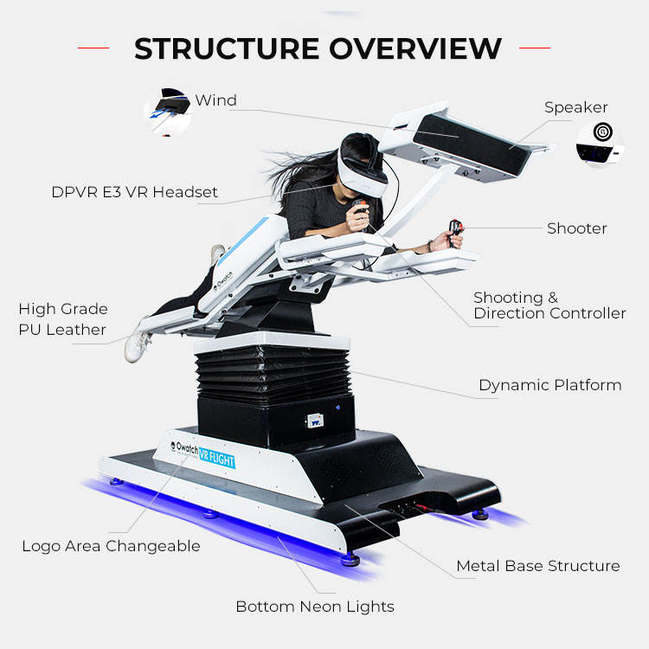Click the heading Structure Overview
pyautogui.click(x=318, y=48)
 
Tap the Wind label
pyautogui.click(x=215, y=100)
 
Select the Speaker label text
pyautogui.click(x=575, y=108)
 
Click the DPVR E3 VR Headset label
pyautogui.click(x=134, y=192)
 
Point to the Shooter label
pyautogui.click(x=576, y=228)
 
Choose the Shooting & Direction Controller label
pyautogui.click(x=549, y=305)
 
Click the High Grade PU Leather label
pyautogui.click(x=63, y=319)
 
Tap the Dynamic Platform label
pyautogui.click(x=549, y=385)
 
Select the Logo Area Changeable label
pyautogui.click(x=111, y=546)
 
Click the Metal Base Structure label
pyautogui.click(x=537, y=566)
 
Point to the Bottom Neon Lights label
pyautogui.click(x=315, y=607)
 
